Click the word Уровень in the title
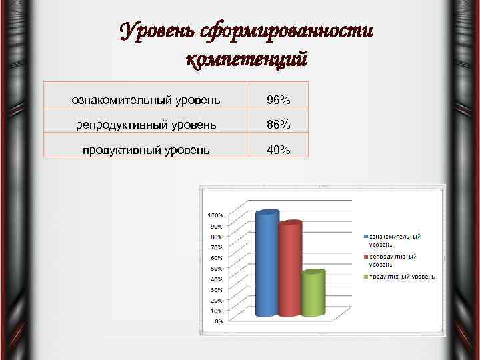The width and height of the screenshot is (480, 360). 157,31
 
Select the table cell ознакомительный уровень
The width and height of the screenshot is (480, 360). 146,100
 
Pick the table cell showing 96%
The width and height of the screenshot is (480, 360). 278,100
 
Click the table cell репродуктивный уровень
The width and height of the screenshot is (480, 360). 146,125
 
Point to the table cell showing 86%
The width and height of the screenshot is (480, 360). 278,125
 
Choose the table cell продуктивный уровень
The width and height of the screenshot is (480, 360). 146,150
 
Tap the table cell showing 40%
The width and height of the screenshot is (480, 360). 278,150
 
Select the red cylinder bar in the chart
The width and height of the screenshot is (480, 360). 290,270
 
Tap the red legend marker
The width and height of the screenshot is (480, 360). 365,256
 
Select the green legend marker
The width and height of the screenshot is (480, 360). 365,276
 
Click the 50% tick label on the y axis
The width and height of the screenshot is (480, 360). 217,268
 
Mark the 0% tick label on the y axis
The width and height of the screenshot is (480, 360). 218,321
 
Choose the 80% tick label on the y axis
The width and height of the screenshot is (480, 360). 217,237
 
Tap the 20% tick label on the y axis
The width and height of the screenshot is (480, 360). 217,300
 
